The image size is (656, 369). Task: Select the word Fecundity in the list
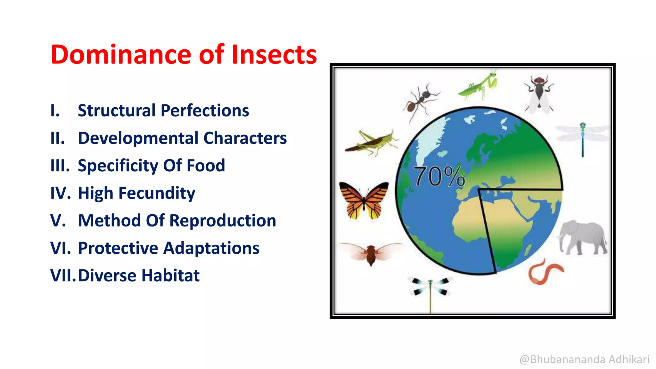click(x=157, y=193)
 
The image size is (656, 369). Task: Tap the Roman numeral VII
click(x=63, y=275)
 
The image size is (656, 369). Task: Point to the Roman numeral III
click(x=60, y=166)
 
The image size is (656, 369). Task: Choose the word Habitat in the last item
click(x=171, y=275)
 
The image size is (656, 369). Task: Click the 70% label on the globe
click(x=439, y=176)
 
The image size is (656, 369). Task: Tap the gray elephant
click(x=582, y=237)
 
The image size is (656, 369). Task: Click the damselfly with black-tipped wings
click(x=430, y=288)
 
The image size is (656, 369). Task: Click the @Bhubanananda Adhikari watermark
click(x=584, y=359)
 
